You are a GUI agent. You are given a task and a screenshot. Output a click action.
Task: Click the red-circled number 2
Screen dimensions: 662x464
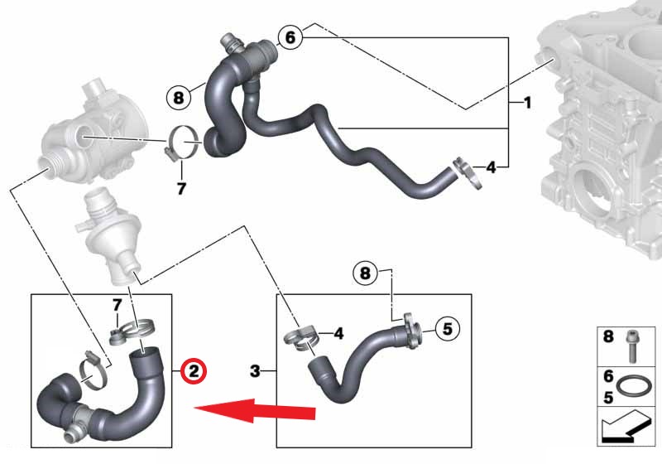(194, 371)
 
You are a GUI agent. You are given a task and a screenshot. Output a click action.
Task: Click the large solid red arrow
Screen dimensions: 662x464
(255, 410)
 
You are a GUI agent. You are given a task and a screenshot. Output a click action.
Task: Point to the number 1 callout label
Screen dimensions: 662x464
(527, 103)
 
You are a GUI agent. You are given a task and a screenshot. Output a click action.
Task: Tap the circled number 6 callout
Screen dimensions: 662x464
(290, 37)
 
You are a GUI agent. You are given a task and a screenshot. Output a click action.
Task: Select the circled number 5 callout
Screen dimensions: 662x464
(448, 328)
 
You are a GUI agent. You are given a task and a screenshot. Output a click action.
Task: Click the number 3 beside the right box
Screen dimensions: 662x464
(255, 371)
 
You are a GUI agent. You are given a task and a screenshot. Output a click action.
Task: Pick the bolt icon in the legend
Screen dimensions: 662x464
(631, 346)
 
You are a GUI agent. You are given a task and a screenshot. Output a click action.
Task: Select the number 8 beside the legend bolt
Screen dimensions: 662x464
(608, 336)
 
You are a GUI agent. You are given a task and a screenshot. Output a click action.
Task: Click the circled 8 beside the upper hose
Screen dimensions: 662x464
(179, 98)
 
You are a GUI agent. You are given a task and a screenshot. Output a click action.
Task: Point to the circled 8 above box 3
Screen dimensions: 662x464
(365, 273)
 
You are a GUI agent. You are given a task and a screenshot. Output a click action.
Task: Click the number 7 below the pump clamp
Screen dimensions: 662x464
(181, 188)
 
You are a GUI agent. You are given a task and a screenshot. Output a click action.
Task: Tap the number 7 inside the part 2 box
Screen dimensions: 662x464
(117, 305)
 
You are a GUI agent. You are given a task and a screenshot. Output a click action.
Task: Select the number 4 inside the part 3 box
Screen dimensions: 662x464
(338, 334)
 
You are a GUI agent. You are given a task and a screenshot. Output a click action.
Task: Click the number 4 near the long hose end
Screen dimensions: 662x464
(491, 167)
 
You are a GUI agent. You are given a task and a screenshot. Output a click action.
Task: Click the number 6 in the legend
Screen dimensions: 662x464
(608, 375)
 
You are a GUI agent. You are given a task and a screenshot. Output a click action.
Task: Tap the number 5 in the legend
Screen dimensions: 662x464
(608, 397)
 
